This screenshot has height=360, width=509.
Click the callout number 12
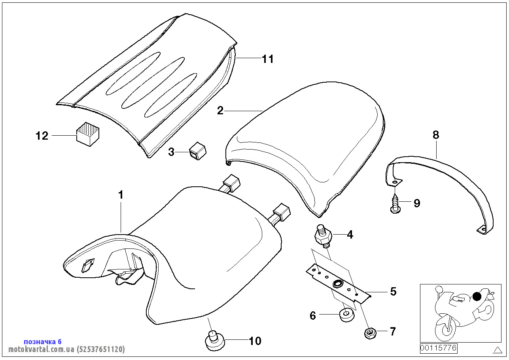(x=42, y=136)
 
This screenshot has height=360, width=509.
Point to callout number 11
(x=267, y=59)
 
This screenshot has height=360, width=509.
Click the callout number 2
(x=220, y=110)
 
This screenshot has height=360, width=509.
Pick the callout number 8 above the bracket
(x=435, y=135)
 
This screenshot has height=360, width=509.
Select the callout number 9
(x=416, y=203)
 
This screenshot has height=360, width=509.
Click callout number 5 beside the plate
(x=393, y=292)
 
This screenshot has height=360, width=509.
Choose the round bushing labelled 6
(x=345, y=315)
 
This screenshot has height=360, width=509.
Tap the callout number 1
(x=121, y=195)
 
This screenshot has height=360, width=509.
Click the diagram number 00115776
(x=438, y=349)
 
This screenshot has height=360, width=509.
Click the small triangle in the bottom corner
(x=498, y=350)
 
